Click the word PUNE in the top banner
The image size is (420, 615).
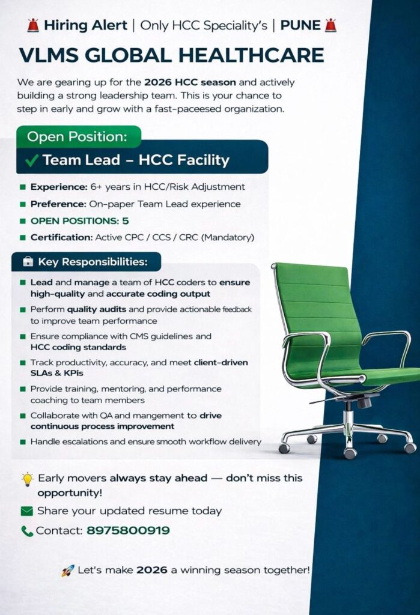(300, 25)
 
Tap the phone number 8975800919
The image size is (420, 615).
(128, 530)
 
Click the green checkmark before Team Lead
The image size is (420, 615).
(33, 160)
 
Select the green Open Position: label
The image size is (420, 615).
(78, 136)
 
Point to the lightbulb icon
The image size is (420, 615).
(27, 479)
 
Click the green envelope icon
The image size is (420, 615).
(26, 511)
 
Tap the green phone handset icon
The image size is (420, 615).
(27, 531)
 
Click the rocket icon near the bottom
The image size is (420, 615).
(68, 570)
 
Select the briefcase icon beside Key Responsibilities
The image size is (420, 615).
(27, 262)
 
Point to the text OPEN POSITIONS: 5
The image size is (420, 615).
(79, 220)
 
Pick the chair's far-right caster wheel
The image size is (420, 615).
(410, 447)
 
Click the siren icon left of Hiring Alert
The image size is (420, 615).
(33, 25)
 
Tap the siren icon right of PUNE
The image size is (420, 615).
(330, 25)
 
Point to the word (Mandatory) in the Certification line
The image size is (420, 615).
(228, 237)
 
